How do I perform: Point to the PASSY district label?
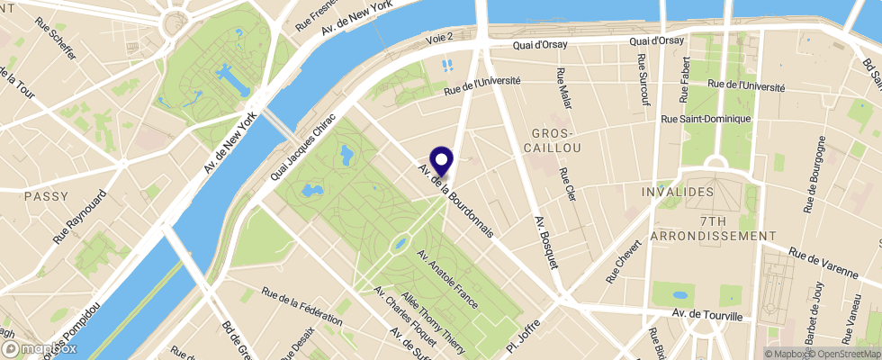47,195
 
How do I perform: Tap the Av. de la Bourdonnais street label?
455,200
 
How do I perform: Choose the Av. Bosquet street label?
546,241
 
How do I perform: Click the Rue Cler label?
567,185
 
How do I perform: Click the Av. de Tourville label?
706,316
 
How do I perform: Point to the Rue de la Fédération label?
301,306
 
